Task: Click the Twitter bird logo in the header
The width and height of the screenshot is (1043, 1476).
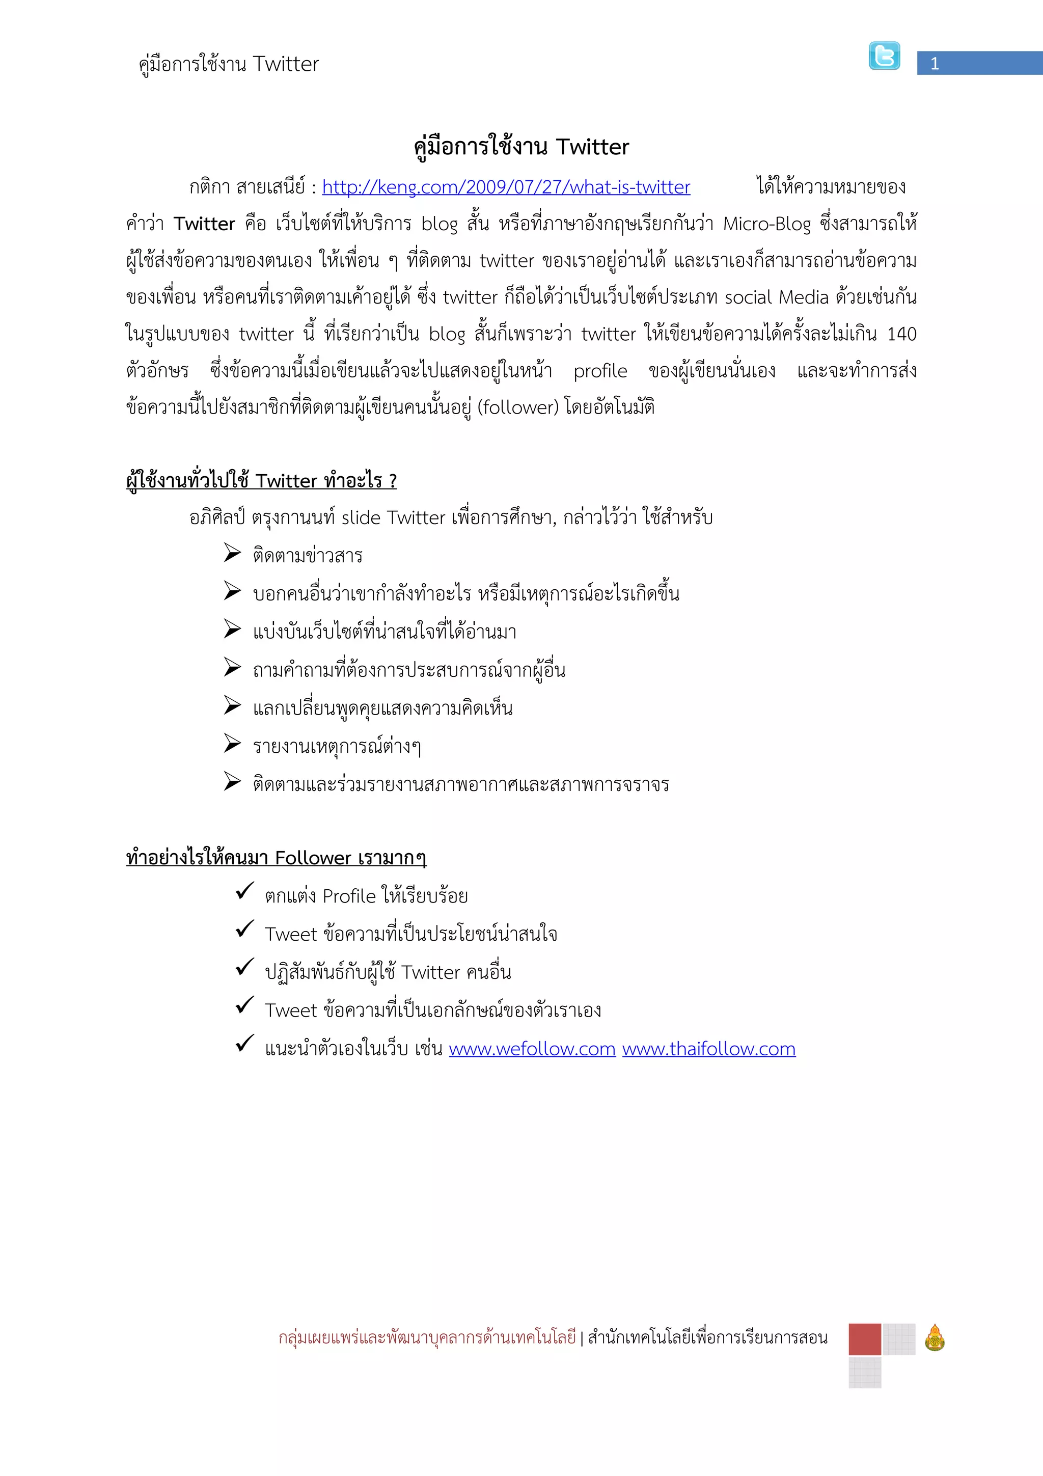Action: (884, 56)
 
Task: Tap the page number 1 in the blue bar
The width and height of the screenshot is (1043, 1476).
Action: (935, 64)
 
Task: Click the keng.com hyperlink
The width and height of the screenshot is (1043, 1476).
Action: (506, 187)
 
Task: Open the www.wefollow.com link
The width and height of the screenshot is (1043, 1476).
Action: (532, 1049)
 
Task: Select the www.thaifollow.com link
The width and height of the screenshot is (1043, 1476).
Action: (709, 1049)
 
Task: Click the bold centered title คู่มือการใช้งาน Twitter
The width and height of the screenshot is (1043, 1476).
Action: (521, 147)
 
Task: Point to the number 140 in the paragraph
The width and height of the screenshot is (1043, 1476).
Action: (901, 334)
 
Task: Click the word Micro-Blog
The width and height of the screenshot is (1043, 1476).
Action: (766, 224)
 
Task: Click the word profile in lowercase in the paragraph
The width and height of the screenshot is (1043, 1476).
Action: (600, 371)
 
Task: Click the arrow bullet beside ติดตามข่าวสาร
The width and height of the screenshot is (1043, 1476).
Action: (232, 553)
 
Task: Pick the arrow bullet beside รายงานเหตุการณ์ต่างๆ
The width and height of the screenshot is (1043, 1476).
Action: (232, 743)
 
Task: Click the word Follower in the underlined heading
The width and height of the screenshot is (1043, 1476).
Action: (313, 858)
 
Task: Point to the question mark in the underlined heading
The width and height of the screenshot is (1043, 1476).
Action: (393, 481)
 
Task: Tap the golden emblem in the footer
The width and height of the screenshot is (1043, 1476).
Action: (935, 1338)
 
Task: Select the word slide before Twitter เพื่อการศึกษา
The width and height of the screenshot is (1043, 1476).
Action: (361, 517)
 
